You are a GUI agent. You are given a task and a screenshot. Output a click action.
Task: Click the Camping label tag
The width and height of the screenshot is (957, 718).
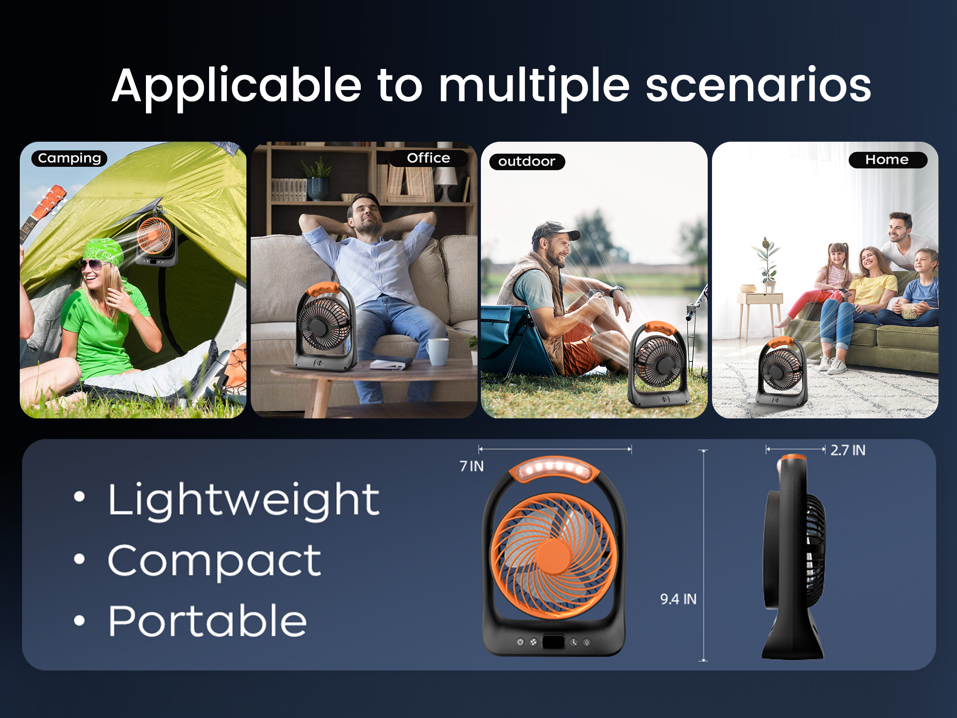pyautogui.click(x=69, y=158)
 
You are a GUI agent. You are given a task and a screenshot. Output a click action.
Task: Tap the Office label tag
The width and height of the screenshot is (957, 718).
pyautogui.click(x=428, y=158)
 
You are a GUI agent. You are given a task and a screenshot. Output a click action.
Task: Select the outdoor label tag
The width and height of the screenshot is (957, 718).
pyautogui.click(x=527, y=162)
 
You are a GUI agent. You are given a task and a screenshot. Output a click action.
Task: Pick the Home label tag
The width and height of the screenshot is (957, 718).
pyautogui.click(x=887, y=160)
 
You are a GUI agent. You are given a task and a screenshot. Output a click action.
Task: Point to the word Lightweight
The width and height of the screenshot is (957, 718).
pyautogui.click(x=244, y=501)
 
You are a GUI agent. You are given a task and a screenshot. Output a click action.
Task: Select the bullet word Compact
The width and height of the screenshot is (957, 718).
pyautogui.click(x=214, y=561)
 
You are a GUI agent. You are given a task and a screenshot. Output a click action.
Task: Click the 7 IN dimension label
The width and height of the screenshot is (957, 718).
pyautogui.click(x=471, y=466)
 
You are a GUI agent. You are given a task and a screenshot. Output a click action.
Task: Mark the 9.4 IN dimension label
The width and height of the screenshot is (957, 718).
pyautogui.click(x=678, y=599)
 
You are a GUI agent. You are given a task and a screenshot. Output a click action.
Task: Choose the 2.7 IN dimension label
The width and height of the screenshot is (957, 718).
pyautogui.click(x=848, y=450)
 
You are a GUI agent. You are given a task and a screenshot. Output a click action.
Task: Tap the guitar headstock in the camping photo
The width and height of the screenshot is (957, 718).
pyautogui.click(x=51, y=201)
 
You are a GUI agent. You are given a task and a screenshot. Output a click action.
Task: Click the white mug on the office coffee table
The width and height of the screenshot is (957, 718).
pyautogui.click(x=438, y=352)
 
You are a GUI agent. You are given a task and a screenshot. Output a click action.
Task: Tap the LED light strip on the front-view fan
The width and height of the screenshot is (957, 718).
pyautogui.click(x=554, y=467)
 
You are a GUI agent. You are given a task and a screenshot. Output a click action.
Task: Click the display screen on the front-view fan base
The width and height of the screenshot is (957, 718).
pyautogui.click(x=553, y=642)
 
